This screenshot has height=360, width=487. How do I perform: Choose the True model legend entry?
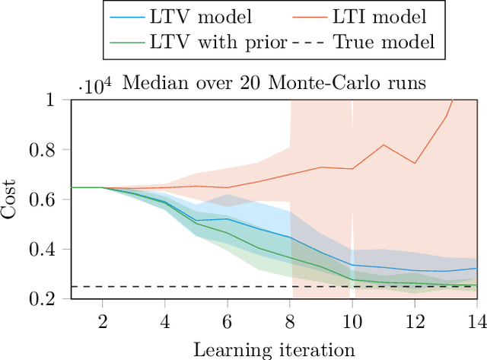(x=385, y=42)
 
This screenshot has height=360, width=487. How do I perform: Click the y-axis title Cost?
(x=11, y=200)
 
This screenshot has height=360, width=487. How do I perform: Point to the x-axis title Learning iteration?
(x=274, y=349)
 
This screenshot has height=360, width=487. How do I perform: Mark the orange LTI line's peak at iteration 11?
(x=384, y=145)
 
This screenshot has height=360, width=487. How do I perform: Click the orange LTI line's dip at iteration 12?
(x=415, y=163)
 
